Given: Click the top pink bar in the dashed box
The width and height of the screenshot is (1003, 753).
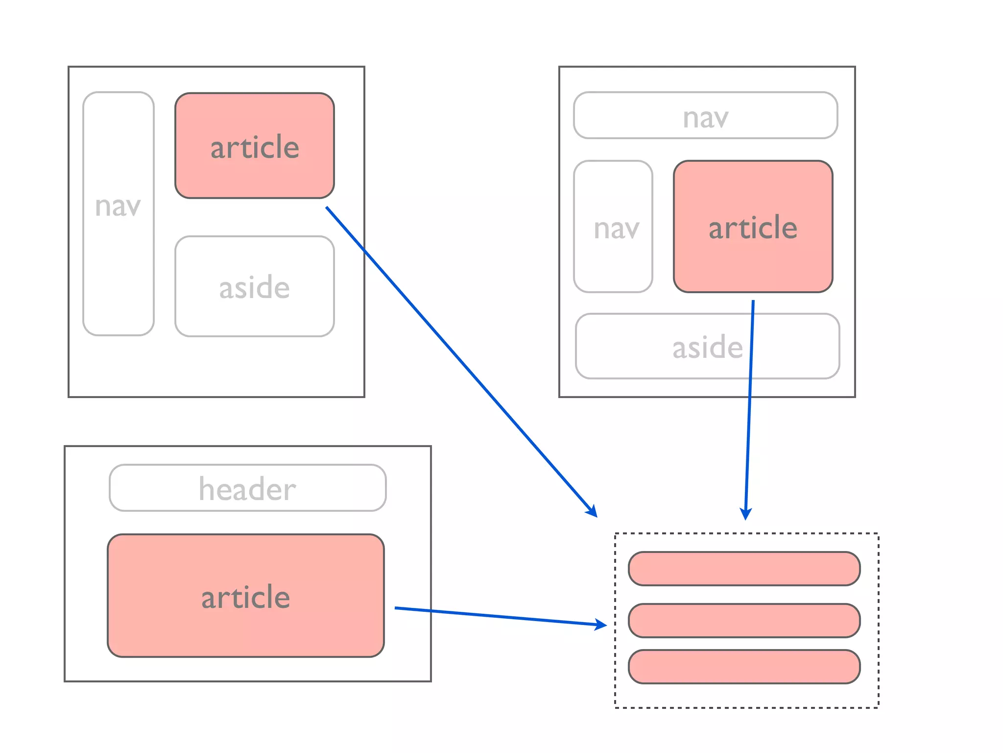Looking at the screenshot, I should pos(744,569).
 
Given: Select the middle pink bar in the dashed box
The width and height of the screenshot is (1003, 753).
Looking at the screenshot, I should pos(744,621).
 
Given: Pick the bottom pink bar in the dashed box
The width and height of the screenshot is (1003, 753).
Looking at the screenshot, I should pos(744,667).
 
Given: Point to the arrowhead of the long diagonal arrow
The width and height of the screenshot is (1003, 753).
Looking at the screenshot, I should pos(592,511).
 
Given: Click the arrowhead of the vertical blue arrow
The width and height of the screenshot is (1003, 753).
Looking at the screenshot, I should pos(746,513).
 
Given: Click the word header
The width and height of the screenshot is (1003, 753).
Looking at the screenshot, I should pos(247,489).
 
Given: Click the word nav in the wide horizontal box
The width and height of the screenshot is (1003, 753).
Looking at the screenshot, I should pos(706,118).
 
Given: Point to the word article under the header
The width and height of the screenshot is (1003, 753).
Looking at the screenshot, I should pos(245,597).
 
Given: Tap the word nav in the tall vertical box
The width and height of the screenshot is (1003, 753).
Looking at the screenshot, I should pos(118,206).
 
